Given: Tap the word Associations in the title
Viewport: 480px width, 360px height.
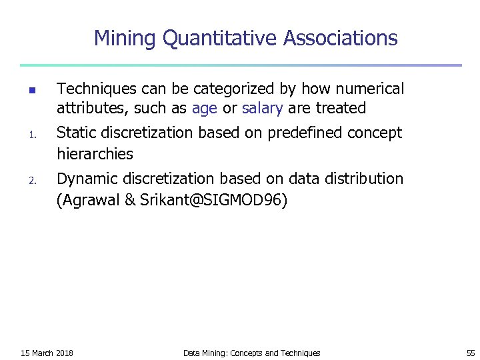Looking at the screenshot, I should (340, 39).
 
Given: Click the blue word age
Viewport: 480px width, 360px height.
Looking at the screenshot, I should (204, 108).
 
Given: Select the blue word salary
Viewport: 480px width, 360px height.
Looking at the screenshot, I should (263, 108).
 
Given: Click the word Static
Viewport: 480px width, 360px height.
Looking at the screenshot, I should (76, 133).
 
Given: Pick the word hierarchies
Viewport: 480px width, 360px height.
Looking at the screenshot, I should (95, 154).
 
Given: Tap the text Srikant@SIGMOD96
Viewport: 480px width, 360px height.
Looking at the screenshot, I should (214, 200).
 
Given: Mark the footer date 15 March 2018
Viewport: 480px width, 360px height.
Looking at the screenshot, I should (47, 353).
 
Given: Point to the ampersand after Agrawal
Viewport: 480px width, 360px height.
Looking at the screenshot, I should (130, 200).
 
